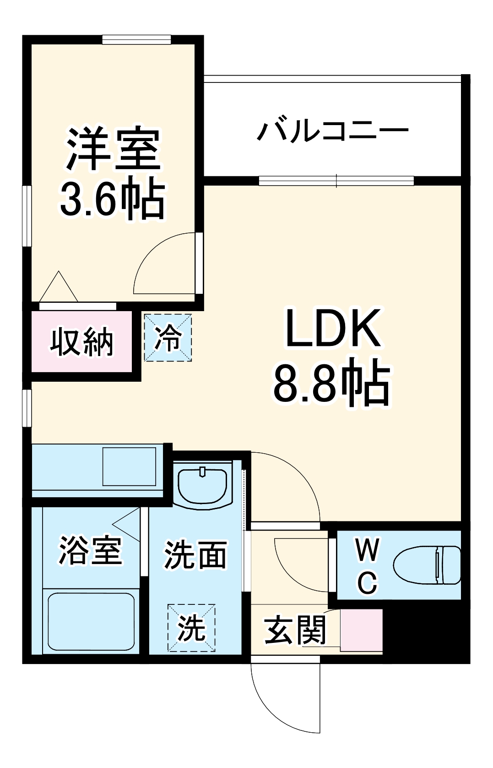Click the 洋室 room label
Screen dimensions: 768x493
[114, 149]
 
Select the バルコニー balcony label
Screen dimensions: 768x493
[332, 131]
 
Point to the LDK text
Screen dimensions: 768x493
[333, 329]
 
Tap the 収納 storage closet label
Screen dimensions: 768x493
[81, 341]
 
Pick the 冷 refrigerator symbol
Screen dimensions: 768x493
[168, 338]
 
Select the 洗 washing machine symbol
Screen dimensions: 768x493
[191, 628]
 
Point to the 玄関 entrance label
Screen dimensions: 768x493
[295, 630]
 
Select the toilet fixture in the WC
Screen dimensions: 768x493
[427, 565]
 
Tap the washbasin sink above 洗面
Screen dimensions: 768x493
[202, 486]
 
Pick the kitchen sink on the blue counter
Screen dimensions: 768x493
[129, 466]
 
